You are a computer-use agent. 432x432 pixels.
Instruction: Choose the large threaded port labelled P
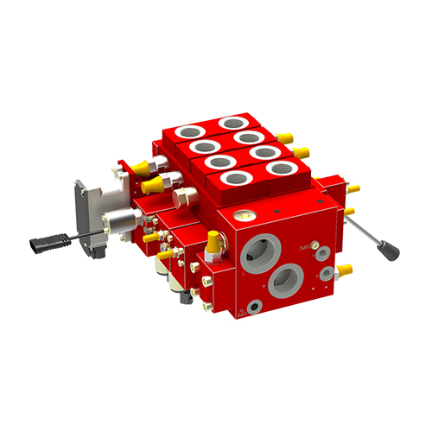click(x=284, y=283)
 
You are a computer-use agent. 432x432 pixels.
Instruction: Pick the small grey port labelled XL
click(x=253, y=307)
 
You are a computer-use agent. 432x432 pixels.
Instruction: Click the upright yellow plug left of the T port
click(x=212, y=243)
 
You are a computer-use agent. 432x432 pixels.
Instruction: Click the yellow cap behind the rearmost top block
click(x=285, y=135)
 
